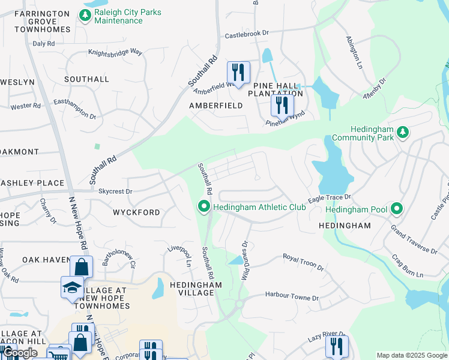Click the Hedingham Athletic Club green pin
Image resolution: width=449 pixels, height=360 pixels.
[204, 208]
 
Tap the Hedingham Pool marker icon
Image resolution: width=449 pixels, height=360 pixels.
[396, 209]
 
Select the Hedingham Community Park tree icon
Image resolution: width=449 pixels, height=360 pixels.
[404, 131]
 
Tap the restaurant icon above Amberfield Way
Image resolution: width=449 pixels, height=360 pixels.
[238, 73]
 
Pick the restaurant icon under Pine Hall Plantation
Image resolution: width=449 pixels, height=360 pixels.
[282, 106]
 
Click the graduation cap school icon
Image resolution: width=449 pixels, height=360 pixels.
[72, 287]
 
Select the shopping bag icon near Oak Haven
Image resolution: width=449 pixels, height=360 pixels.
[81, 266]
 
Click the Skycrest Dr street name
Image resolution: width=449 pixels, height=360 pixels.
[115, 191]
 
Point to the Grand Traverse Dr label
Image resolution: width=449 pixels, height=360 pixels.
[414, 239]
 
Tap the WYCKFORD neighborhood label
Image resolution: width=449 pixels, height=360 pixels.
[136, 212]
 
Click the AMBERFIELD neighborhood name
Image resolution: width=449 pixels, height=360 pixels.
[216, 105]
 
